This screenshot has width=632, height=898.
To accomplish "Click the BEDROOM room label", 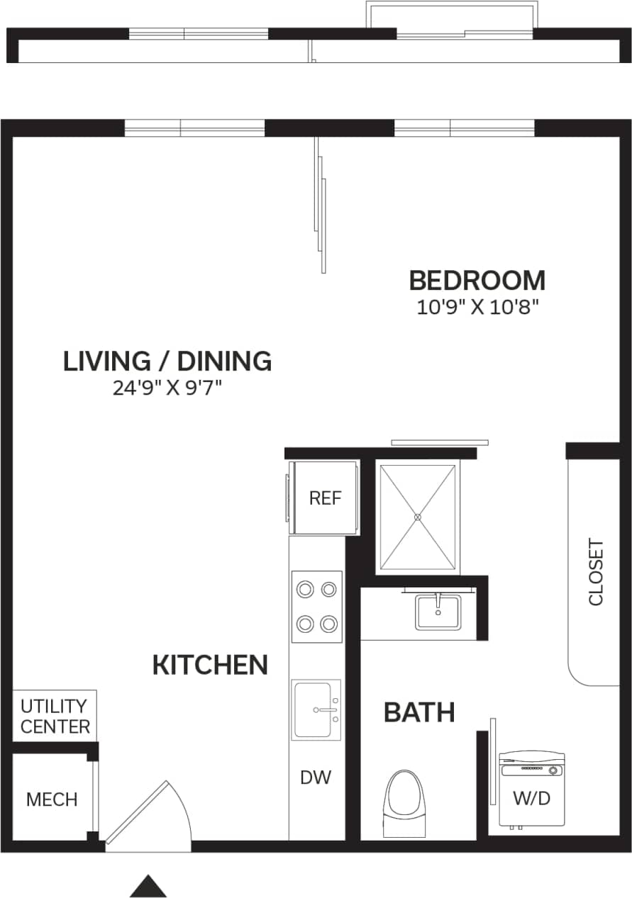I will click(x=477, y=281).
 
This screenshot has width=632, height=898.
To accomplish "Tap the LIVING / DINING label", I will click(x=167, y=361).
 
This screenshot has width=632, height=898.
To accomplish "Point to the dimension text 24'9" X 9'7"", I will click(x=167, y=388).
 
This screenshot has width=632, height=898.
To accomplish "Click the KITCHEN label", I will click(x=210, y=666).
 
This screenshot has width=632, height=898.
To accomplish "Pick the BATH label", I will click(x=419, y=712).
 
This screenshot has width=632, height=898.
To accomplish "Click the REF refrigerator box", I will click(x=325, y=498).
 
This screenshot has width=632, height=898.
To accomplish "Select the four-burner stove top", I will click(x=316, y=607).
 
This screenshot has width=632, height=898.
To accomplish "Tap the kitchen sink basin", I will click(x=315, y=709).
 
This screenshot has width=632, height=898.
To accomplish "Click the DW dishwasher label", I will click(x=316, y=778).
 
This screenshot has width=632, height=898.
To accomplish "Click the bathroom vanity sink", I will click(x=438, y=612).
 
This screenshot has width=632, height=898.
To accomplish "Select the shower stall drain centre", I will click(x=418, y=517).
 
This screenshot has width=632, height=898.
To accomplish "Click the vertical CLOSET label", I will click(x=595, y=573).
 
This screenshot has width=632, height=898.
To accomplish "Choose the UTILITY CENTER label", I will click(x=55, y=716).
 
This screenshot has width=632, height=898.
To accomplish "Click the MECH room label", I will click(x=51, y=799).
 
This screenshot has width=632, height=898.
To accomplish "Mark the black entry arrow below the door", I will click(x=148, y=887).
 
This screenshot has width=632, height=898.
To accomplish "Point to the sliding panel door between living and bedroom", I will click(x=321, y=206).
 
